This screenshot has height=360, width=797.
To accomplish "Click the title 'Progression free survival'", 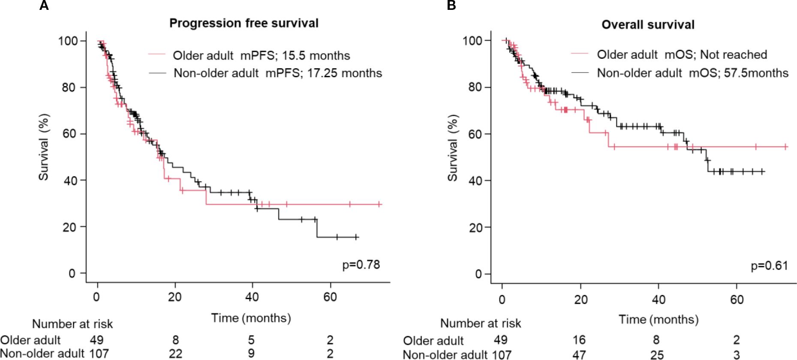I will click(x=244, y=23).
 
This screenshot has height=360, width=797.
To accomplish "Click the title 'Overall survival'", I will click(x=648, y=25).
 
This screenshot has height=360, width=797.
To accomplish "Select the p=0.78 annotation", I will click(x=361, y=265).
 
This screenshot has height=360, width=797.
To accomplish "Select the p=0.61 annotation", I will click(x=769, y=266).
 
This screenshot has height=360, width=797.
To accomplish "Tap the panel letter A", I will click(x=44, y=6).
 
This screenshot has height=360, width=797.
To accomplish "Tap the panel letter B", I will click(x=451, y=6).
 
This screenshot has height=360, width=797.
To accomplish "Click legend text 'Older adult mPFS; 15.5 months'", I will click(x=261, y=56).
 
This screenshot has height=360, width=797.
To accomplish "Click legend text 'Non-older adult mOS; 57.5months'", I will click(x=692, y=73).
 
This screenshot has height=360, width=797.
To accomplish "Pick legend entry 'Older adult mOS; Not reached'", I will click(x=682, y=55).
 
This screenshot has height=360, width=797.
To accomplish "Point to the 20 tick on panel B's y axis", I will click(x=475, y=228).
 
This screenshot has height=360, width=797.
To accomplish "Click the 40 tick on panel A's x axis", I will click(x=252, y=297).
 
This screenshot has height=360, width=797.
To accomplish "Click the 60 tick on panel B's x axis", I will click(x=737, y=299).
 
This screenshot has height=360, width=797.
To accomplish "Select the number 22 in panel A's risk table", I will click(x=175, y=354).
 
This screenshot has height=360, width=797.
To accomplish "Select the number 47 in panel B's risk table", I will click(x=579, y=354).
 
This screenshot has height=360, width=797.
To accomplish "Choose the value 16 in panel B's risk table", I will click(x=579, y=340).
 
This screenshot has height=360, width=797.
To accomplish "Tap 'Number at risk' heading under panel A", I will click(x=72, y=324).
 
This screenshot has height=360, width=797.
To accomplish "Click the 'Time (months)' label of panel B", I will click(x=658, y=319).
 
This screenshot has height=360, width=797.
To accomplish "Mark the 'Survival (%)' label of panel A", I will click(x=44, y=147).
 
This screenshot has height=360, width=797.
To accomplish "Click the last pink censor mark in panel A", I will click(x=379, y=204).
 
